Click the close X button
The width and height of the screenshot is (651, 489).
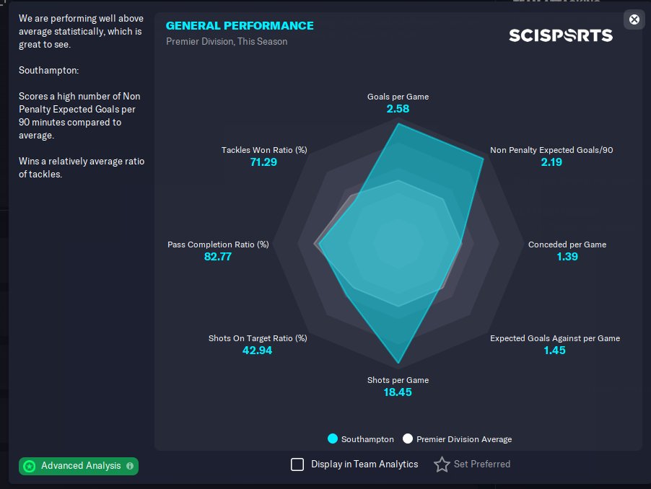click(x=634, y=19)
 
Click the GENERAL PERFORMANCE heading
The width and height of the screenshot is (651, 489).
click(x=240, y=26)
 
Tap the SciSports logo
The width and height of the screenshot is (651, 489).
click(x=561, y=35)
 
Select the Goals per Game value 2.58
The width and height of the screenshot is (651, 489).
click(x=398, y=109)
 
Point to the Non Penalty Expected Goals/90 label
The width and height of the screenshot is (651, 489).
click(x=551, y=150)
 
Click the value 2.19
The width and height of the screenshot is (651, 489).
click(x=551, y=162)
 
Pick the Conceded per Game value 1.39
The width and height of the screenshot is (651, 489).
click(x=567, y=256)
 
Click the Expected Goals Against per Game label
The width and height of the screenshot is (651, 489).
click(x=555, y=338)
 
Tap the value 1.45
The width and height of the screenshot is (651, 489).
click(x=555, y=351)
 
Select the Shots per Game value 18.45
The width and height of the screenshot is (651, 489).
click(x=398, y=392)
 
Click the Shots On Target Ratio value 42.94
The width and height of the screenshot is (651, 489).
click(x=258, y=351)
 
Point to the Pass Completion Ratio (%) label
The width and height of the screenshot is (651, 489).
click(x=218, y=244)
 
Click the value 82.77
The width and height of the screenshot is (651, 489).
click(x=218, y=256)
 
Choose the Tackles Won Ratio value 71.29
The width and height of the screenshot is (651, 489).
click(x=263, y=162)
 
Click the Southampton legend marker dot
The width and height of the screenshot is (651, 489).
click(x=333, y=439)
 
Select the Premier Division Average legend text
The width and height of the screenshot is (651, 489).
click(x=464, y=439)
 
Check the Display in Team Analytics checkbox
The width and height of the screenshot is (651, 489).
click(x=297, y=464)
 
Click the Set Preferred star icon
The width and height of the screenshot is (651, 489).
click(x=442, y=464)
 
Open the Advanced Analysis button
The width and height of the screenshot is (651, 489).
click(x=79, y=466)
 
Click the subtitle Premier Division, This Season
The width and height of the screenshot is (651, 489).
click(x=227, y=42)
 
